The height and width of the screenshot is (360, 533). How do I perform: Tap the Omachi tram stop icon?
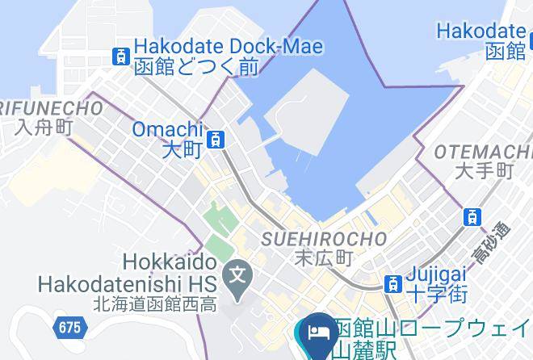tap(216, 140)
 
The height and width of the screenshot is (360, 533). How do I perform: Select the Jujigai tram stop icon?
tap(392, 283)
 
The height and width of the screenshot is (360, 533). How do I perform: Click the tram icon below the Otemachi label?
tap(472, 216)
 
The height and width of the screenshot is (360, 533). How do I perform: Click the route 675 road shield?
tap(69, 327)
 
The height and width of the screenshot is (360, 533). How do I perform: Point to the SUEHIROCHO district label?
tap(325, 239)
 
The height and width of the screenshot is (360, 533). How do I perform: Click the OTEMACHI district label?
tap(483, 152)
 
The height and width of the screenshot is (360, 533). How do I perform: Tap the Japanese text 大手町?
tap(485, 171)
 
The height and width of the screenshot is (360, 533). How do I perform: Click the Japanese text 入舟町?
tap(44, 128)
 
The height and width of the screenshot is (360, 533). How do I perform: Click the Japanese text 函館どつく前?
tap(196, 68)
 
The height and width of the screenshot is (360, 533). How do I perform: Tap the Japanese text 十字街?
tap(439, 295)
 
